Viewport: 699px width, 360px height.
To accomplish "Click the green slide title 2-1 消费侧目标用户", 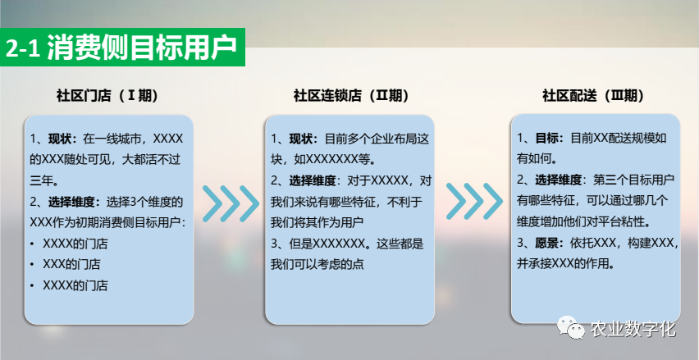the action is tap(121, 48).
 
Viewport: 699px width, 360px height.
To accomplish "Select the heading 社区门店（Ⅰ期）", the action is tap(107, 96).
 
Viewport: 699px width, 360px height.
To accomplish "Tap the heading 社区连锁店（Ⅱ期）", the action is tap(351, 96).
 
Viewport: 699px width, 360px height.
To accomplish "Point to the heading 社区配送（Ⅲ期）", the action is tap(593, 96).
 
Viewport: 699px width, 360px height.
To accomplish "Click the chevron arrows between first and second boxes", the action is tap(231, 203).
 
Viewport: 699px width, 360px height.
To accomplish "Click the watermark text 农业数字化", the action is tap(633, 329).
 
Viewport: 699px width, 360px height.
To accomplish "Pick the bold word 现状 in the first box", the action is tap(60, 139).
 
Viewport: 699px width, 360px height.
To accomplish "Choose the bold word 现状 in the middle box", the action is tap(301, 139).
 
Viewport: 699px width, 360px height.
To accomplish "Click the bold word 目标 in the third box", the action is tap(546, 138).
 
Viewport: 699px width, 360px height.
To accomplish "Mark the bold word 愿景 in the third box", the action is tap(546, 244).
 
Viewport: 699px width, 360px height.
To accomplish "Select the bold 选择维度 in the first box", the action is tap(71, 203).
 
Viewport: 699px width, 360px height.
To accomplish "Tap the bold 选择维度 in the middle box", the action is tap(312, 180).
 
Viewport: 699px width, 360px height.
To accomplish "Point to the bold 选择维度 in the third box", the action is tap(558, 180).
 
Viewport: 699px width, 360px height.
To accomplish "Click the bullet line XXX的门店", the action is tap(71, 264).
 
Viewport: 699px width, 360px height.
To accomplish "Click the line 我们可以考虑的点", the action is tap(317, 264).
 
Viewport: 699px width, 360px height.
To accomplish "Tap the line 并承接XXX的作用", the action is tap(565, 264).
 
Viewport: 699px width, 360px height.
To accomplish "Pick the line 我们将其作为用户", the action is tap(317, 222).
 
